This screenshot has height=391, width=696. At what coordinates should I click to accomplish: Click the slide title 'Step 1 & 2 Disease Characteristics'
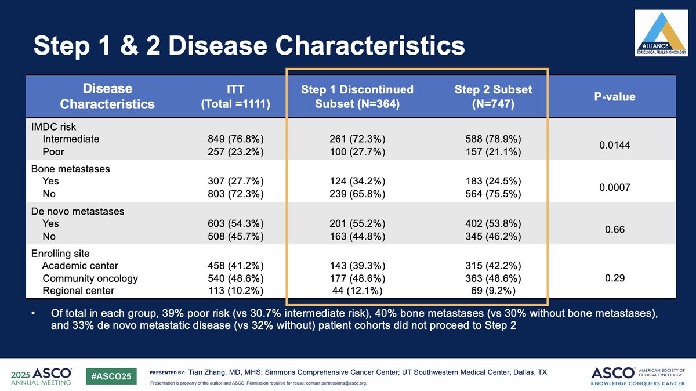tap(249, 46)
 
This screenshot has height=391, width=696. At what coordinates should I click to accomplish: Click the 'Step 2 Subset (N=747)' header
tap(493, 97)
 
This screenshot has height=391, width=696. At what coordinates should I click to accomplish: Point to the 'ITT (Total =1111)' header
tap(235, 97)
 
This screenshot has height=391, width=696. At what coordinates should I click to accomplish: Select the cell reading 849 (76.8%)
tap(235, 139)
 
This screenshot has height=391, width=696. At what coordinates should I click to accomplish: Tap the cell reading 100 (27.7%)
tap(357, 152)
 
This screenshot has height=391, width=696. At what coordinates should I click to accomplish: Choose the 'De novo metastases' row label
tap(77, 212)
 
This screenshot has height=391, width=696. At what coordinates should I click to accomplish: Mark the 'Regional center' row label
tap(78, 291)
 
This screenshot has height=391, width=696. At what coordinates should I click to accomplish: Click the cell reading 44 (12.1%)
tap(357, 291)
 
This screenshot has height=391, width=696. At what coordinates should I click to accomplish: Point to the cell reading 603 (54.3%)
tap(235, 224)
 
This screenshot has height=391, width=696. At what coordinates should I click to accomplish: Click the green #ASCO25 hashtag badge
tap(111, 376)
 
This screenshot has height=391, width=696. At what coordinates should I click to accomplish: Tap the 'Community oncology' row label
tap(90, 278)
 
